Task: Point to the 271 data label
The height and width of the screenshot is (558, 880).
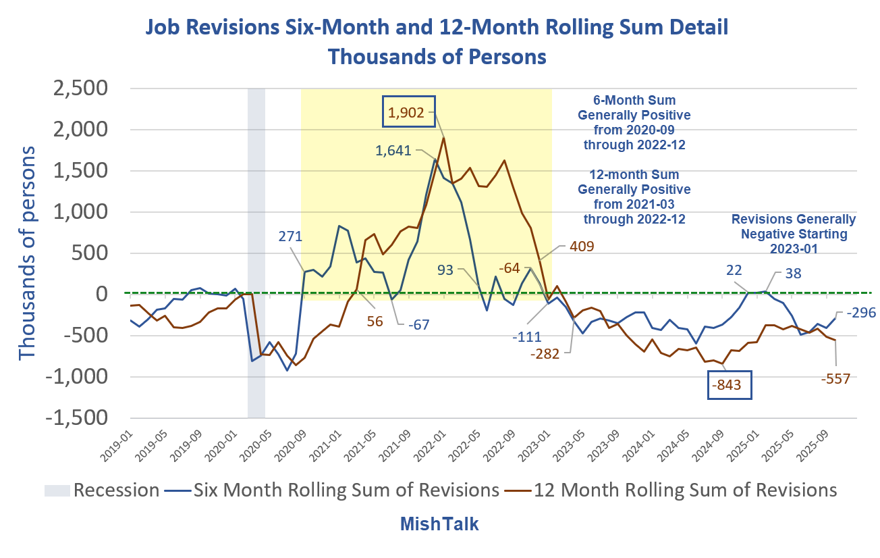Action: tap(290, 236)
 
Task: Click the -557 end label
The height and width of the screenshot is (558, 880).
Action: tap(835, 378)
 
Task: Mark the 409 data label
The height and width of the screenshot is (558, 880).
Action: tap(581, 246)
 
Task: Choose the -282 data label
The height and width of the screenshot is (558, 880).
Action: tap(544, 353)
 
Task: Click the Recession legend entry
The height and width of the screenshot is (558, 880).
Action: tap(101, 489)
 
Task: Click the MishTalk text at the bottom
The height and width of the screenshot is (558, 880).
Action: tap(439, 524)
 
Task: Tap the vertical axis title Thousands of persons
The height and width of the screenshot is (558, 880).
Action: tap(26, 252)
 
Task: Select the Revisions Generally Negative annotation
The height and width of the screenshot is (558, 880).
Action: tap(794, 234)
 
